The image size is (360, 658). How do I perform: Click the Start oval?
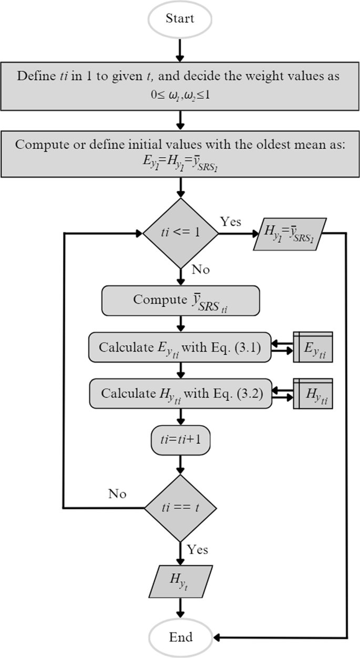(x=180, y=19)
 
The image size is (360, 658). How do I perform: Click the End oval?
(x=180, y=638)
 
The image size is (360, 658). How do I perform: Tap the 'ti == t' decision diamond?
(x=180, y=508)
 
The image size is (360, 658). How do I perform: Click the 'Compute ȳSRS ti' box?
(x=180, y=301)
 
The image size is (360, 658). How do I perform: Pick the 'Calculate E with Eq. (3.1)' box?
(x=180, y=347)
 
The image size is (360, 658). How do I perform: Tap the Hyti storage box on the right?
(x=313, y=393)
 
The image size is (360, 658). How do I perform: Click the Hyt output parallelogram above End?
(x=180, y=580)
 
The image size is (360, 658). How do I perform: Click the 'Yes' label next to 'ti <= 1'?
(x=231, y=222)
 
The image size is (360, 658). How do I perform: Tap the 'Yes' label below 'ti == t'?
(x=197, y=550)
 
